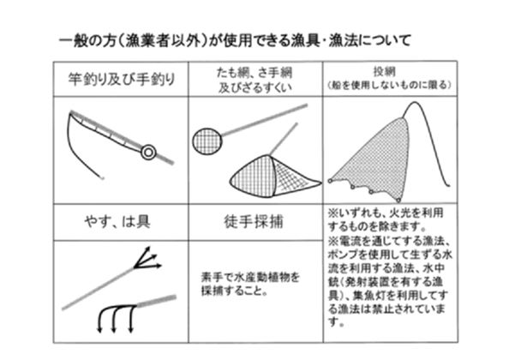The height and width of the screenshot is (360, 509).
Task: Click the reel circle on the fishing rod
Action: pos(148,152)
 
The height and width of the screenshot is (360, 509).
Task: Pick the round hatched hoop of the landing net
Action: pos(207,139)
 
